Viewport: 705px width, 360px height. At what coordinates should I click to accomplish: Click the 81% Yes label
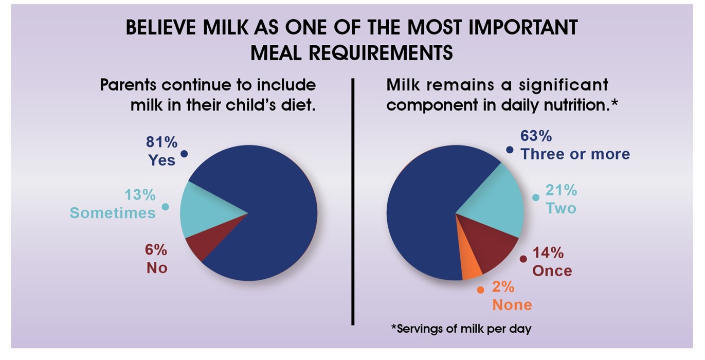pos(162,151)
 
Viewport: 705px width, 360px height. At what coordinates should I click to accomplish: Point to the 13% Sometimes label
pos(113,204)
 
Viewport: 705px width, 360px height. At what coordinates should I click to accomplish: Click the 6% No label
pos(156,259)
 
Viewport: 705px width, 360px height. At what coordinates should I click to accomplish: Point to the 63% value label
pos(536,136)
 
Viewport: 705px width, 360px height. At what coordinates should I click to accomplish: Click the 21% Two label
pos(561,199)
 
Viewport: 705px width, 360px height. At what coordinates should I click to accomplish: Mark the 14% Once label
pos(552,262)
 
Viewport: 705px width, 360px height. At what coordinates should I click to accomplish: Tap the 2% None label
pos(512,296)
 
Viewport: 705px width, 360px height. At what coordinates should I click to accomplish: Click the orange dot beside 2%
pos(480,290)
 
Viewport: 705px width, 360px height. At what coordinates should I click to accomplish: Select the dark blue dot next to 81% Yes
pos(184,154)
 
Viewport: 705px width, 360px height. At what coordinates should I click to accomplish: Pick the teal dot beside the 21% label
pos(536,197)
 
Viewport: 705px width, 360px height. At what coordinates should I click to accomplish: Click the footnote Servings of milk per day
pos(461,329)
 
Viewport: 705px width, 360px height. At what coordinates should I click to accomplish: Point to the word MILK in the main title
pos(226,27)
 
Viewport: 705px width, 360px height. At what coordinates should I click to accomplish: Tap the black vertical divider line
pos(353,202)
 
